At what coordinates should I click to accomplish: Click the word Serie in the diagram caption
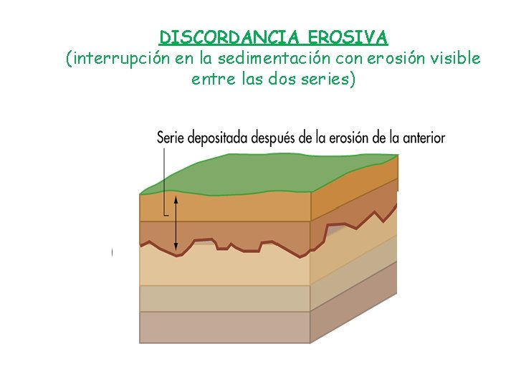pos(171,137)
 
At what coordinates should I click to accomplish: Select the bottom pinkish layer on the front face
pos(224,327)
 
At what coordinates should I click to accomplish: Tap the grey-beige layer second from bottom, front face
pos(224,298)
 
